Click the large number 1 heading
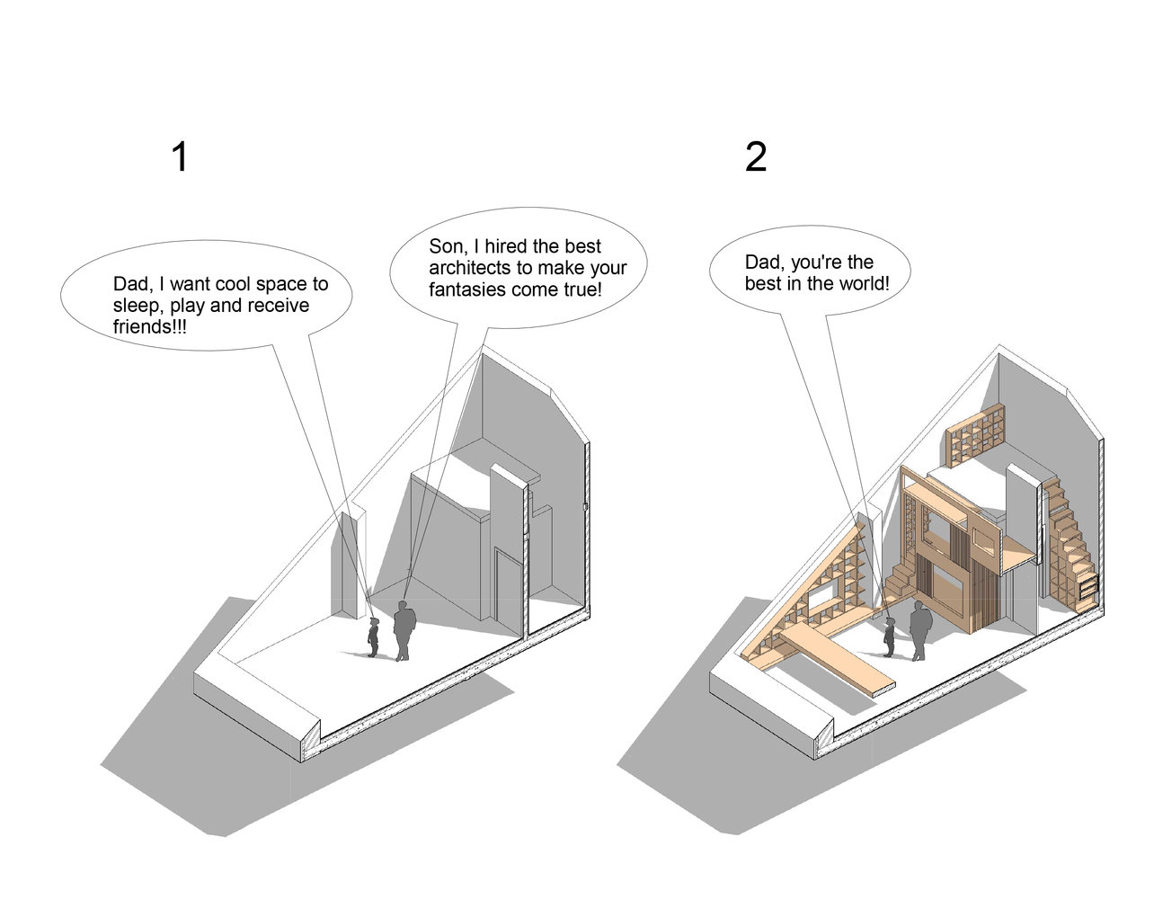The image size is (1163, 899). click(180, 157)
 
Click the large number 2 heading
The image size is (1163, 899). click(756, 157)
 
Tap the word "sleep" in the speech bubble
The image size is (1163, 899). click(133, 306)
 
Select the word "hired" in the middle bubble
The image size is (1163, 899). click(507, 246)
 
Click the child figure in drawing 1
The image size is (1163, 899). click(373, 636)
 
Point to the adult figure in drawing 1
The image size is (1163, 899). click(404, 631)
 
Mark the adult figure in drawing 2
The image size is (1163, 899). click(920, 632)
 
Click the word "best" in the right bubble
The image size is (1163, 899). click(763, 284)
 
